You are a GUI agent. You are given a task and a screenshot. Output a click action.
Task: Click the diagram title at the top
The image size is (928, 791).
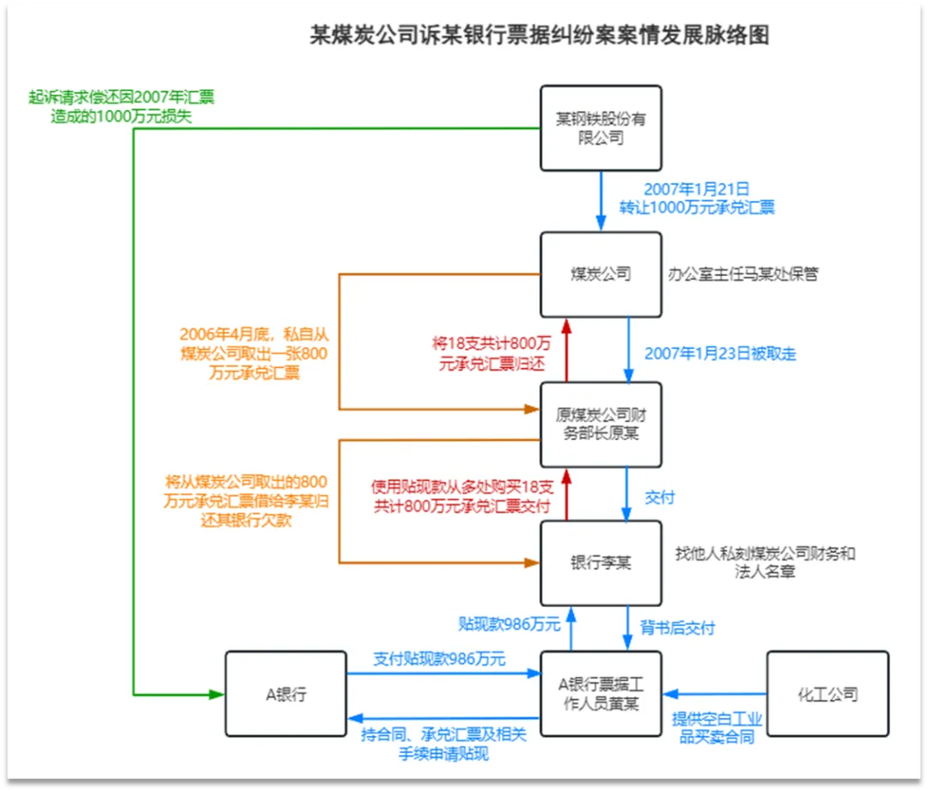[539, 35]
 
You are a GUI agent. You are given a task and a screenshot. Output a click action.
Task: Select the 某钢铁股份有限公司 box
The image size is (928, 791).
[601, 127]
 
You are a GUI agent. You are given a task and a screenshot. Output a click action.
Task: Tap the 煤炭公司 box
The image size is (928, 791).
[601, 274]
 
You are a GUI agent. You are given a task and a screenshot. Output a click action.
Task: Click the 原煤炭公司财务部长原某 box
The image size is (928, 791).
[601, 425]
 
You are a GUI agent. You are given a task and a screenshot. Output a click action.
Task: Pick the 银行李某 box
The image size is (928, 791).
[601, 563]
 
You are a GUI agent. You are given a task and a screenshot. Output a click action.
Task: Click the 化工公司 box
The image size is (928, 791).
[827, 694]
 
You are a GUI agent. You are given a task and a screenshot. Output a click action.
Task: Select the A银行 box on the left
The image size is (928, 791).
[286, 694]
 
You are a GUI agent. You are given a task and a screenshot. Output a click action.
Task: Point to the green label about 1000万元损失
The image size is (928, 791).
[120, 107]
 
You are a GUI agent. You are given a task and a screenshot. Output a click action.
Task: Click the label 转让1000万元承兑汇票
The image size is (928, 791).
[697, 198]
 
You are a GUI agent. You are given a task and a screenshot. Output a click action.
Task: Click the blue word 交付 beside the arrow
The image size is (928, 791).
[660, 497]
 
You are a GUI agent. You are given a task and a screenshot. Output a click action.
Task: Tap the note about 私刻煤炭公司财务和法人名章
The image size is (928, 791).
[765, 562]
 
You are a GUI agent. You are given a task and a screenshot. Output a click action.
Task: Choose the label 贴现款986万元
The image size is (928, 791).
[509, 623]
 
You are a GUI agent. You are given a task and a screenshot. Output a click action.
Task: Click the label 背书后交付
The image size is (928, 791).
[677, 628]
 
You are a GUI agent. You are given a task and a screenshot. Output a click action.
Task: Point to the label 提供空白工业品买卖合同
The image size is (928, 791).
[717, 727]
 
